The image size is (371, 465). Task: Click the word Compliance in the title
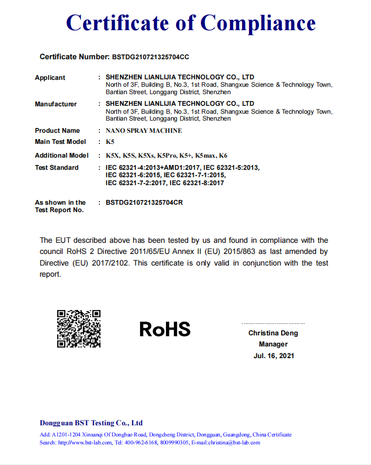coord(258,23)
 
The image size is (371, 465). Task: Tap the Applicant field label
coord(50,78)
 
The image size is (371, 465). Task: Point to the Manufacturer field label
coord(55,104)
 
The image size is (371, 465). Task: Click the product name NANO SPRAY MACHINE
coord(144,131)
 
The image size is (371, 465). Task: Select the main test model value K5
coord(110,142)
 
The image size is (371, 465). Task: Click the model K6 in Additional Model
coord(223,156)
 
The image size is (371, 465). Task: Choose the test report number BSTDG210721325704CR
coord(144,203)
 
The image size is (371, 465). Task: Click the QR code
coord(79,329)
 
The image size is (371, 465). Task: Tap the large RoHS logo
coord(165,329)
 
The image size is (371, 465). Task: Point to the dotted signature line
coord(273,323)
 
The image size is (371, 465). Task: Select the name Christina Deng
coord(273,333)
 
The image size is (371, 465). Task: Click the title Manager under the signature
coord(273,344)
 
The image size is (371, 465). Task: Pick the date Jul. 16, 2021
coord(273,356)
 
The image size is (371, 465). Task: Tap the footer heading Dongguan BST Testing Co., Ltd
coord(91,423)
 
